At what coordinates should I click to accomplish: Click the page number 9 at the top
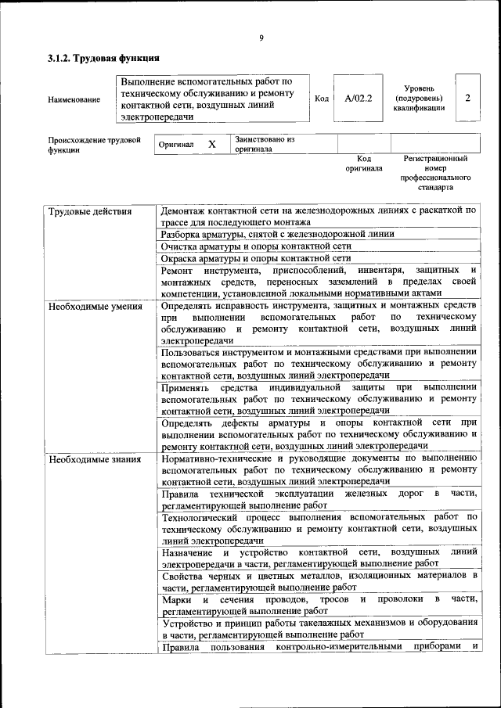pos(261,37)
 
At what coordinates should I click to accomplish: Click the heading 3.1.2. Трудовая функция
pos(103,58)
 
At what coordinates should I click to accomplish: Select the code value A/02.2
pos(358,99)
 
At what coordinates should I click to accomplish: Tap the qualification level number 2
pos(467,98)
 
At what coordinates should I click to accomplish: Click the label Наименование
pos(74,99)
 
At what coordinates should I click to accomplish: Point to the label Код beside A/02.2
pos(321,99)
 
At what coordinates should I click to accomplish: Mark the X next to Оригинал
pos(211,145)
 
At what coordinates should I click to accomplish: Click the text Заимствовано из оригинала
pos(264,144)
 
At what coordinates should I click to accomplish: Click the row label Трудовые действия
pos(89,211)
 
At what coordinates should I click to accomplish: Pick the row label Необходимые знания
pos(94,459)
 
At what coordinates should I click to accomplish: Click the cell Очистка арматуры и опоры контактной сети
pos(250,246)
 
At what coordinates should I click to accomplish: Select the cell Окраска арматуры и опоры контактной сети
pos(254,257)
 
